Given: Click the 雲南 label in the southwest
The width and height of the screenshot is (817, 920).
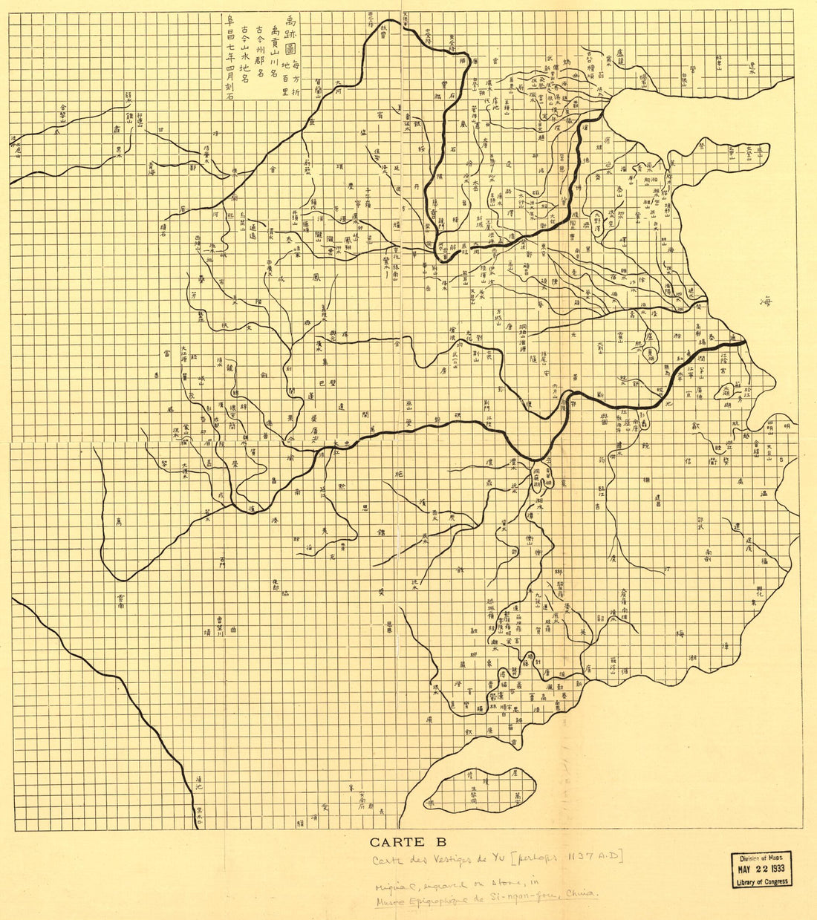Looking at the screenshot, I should point(120,601).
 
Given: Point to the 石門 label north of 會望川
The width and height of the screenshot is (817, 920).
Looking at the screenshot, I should point(221,562).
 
